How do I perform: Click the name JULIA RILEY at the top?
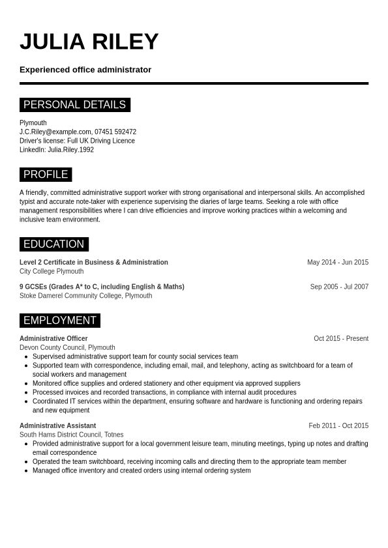point(89,42)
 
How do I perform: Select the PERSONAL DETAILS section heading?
point(74,105)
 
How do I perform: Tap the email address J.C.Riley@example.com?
point(55,132)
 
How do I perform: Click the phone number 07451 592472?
point(115,132)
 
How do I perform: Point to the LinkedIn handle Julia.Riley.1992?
point(70,150)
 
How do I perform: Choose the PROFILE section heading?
point(46,175)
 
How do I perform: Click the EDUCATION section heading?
point(53,244)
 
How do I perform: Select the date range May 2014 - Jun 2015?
point(338,263)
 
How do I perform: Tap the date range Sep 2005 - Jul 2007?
point(339,287)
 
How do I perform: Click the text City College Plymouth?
point(52,272)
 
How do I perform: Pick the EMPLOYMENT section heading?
point(59,321)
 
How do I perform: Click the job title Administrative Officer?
point(53,339)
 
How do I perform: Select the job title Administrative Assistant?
point(57,426)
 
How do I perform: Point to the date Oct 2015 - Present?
point(341,339)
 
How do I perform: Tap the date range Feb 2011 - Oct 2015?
point(338,426)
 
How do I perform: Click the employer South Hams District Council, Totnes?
point(71,435)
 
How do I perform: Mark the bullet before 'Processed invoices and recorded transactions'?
point(26,393)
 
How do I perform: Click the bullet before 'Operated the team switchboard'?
point(26,462)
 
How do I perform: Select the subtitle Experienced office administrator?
point(85,70)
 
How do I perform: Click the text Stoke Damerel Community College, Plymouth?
point(85,296)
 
